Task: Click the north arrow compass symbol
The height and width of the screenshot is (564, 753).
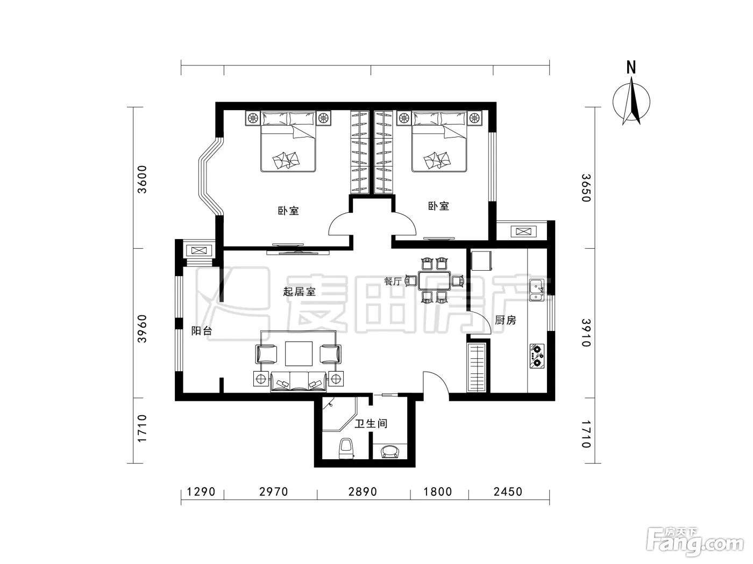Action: (x=631, y=102)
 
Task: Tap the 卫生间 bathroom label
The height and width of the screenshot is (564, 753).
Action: (x=371, y=424)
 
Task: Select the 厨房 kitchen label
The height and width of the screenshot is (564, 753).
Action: (x=505, y=320)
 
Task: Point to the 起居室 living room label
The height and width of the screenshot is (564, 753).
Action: (x=299, y=292)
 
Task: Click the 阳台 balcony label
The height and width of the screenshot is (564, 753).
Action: (x=202, y=331)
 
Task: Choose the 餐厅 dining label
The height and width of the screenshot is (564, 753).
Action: (x=393, y=281)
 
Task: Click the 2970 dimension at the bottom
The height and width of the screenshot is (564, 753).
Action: (x=273, y=491)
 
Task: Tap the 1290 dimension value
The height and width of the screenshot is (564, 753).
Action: (x=201, y=491)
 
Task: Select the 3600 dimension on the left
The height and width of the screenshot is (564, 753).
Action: (x=141, y=180)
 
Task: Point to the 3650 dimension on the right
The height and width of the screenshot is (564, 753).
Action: (x=586, y=188)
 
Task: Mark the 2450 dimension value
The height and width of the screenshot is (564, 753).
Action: (x=508, y=491)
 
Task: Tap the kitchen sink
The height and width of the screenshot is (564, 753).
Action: (x=537, y=290)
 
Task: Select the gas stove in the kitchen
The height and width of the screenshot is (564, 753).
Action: (x=537, y=356)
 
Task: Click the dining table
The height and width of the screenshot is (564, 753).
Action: (x=434, y=281)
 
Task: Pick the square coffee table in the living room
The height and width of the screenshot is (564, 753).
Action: (x=299, y=354)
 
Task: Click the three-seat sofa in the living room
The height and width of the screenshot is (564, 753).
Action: (x=299, y=382)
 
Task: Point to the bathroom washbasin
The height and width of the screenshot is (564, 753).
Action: (x=390, y=451)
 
